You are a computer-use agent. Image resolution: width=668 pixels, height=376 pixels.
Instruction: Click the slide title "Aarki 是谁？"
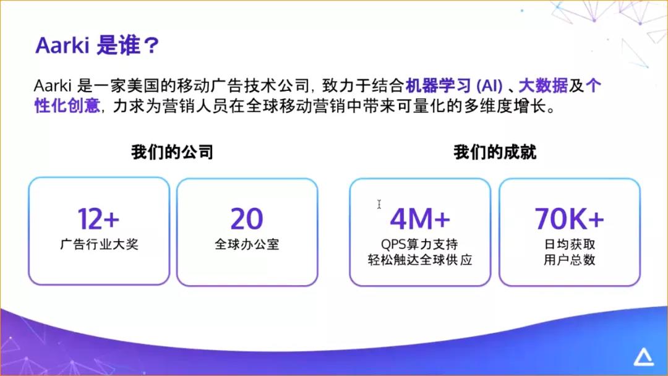coord(98,46)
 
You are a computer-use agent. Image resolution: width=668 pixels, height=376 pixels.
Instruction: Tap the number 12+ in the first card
coord(98,218)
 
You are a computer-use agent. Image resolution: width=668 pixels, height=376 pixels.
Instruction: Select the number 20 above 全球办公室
coord(247,218)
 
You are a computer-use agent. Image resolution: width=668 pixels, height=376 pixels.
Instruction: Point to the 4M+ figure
coord(420,218)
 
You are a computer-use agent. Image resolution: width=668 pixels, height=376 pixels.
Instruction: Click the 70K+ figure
coord(569,218)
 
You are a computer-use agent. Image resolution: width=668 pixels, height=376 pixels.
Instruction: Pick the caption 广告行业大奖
coord(99,244)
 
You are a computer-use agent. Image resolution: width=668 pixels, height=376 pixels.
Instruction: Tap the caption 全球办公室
coord(247,244)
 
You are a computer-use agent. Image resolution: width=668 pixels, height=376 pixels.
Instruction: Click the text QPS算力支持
coord(420,244)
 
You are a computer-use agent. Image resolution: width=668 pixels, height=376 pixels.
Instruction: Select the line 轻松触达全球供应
coord(420,260)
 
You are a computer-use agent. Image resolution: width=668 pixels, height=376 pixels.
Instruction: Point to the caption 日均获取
coord(570,244)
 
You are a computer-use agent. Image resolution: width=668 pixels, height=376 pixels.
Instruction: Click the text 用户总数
coord(570,260)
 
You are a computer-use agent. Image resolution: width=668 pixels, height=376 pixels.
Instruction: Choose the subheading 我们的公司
coord(172,152)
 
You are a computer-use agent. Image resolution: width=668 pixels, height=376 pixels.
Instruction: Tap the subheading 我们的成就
coord(495,152)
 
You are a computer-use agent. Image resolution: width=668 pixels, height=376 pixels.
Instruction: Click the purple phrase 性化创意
coord(67,106)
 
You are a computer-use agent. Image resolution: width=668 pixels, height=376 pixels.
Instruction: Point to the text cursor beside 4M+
coord(379,205)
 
